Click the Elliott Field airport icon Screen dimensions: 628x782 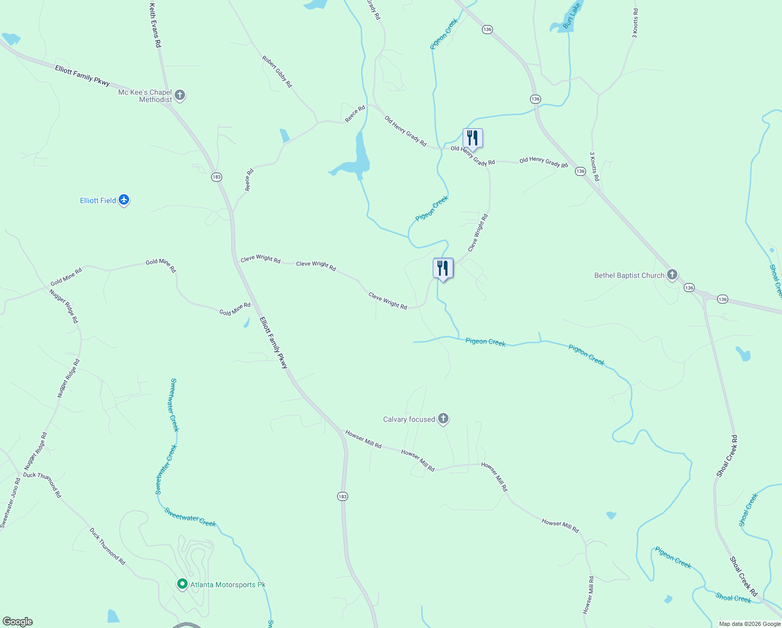[x=124, y=200]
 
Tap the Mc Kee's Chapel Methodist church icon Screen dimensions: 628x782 [x=180, y=95]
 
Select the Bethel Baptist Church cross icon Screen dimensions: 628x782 [x=672, y=275]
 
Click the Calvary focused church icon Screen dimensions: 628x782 [x=443, y=419]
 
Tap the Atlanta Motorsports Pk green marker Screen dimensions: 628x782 [x=182, y=584]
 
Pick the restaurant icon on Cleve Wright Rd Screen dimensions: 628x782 [x=443, y=268]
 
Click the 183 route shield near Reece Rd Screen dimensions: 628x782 [x=216, y=177]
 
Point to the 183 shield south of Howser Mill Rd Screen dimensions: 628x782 [x=342, y=496]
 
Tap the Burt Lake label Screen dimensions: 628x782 [x=571, y=16]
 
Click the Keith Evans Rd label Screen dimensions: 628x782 [x=155, y=26]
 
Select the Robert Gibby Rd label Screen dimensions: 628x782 [x=277, y=72]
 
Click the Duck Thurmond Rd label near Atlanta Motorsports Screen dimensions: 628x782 [x=107, y=546]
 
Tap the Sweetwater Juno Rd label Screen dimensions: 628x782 [x=10, y=503]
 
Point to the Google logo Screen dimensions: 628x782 [x=17, y=622]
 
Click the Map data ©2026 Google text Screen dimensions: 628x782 [x=749, y=624]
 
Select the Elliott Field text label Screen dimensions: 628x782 [x=98, y=200]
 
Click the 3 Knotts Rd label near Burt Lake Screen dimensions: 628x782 [x=635, y=23]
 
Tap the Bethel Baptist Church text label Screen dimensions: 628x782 [x=629, y=275]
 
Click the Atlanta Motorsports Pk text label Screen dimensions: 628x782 [x=228, y=585]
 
